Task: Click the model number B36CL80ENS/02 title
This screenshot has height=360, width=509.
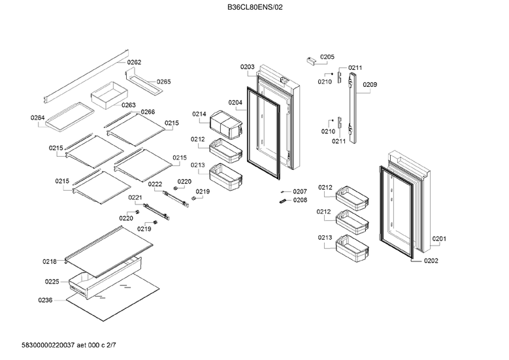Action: pos(254,7)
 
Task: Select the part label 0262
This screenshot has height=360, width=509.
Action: pos(134,63)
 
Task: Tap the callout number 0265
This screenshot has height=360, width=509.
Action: pos(163,82)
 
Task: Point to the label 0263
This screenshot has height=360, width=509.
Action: pos(128,105)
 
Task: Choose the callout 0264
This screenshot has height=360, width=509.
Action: pos(37,118)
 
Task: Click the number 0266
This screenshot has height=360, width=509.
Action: pos(148,112)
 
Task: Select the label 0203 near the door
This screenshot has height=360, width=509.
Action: pos(247,67)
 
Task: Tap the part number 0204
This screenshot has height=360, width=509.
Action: pos(235,103)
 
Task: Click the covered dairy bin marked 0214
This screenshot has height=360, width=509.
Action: pos(228,123)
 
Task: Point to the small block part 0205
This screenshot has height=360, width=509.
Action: pos(312,61)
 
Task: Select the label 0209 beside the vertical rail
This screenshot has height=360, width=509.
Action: pos(370,85)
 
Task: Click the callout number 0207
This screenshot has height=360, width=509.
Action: pos(299,191)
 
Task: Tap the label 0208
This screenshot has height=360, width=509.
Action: pos(299,201)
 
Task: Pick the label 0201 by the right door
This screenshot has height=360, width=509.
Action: pos(439,239)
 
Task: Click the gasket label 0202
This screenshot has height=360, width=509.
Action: pos(431,261)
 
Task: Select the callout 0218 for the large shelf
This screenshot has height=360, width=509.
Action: pos(50,261)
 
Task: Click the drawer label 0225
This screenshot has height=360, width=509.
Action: pos(52,282)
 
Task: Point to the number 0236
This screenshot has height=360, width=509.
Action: pos(45,301)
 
